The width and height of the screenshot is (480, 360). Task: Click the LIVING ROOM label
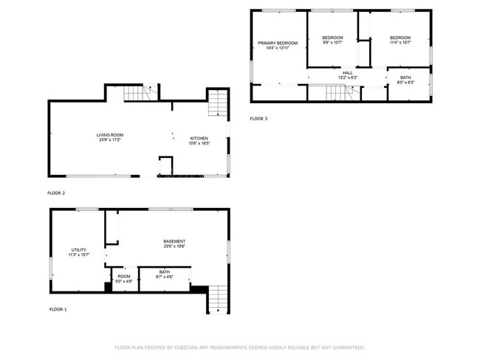click(109, 134)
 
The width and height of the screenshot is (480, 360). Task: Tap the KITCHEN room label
click(199, 138)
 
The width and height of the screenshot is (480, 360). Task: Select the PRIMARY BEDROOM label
click(278, 43)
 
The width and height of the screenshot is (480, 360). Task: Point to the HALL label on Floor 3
click(347, 72)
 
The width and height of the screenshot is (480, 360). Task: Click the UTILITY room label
click(79, 249)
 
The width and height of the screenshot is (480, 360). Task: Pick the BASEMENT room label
click(174, 241)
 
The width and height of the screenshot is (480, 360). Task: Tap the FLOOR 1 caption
click(58, 309)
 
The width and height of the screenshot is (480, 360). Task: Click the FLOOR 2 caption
click(56, 193)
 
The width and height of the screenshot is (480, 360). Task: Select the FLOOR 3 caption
click(258, 118)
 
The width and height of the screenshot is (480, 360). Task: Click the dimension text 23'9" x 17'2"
click(109, 139)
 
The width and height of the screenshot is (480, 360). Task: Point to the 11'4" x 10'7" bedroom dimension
click(400, 43)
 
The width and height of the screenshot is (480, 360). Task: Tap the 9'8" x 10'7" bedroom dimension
click(332, 43)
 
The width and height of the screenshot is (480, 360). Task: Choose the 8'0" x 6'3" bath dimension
click(405, 82)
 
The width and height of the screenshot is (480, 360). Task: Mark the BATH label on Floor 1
click(164, 272)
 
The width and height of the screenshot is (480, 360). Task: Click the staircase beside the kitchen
click(216, 103)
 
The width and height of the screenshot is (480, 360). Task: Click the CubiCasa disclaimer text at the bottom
click(239, 347)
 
